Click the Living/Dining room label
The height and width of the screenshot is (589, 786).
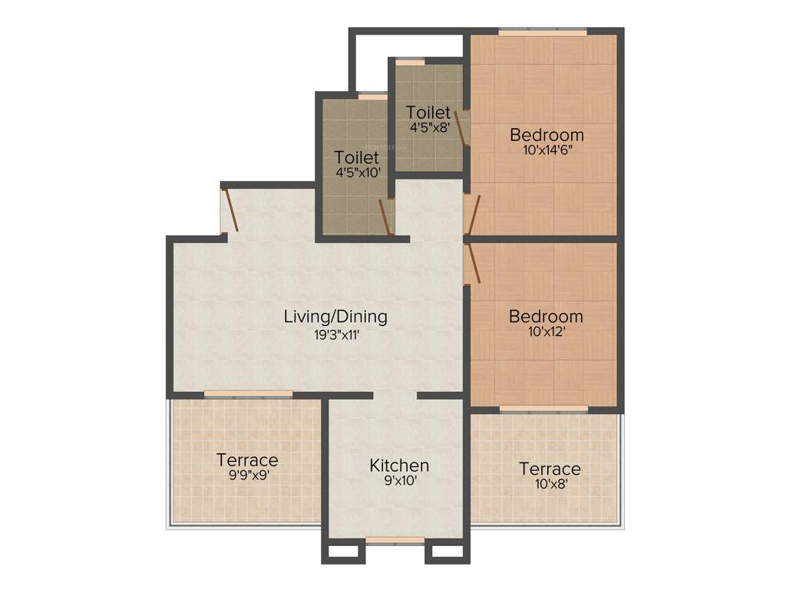[x=335, y=316]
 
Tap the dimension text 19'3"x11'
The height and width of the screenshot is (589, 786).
[x=335, y=334]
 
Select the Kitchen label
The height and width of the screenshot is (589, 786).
[x=399, y=466]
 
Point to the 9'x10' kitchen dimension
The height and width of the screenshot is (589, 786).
[x=399, y=482]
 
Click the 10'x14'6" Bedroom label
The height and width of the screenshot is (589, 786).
[x=547, y=135]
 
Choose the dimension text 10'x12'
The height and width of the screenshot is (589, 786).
[x=546, y=332]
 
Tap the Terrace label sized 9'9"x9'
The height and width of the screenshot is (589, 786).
[x=247, y=460]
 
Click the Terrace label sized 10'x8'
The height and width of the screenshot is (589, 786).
[x=550, y=469]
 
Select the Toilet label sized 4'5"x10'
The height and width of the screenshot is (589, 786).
[x=357, y=157]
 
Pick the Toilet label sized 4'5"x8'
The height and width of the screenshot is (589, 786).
[x=428, y=112]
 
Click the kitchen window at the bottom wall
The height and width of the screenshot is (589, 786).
[x=395, y=540]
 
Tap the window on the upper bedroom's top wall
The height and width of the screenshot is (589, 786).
[x=543, y=32]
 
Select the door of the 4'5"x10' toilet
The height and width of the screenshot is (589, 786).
[x=385, y=217]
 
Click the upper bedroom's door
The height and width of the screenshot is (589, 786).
[x=474, y=215]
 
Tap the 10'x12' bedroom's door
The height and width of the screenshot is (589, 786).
[x=474, y=264]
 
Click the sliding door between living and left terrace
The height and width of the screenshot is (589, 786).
[x=248, y=394]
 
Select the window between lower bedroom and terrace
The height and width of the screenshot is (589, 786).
[x=543, y=410]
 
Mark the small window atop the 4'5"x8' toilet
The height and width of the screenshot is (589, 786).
[x=410, y=61]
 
